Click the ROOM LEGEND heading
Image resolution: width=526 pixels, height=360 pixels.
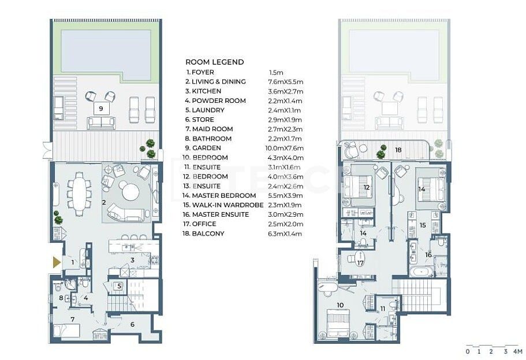pyautogui.click(x=214, y=62)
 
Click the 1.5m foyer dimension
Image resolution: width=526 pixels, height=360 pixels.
pyautogui.click(x=275, y=72)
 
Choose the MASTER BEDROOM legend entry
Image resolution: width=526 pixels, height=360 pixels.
pyautogui.click(x=221, y=195)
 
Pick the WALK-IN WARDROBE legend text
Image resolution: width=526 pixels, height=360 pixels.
pyautogui.click(x=224, y=205)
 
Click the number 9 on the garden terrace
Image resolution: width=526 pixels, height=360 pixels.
pyautogui.click(x=100, y=108)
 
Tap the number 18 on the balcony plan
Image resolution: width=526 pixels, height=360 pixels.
pyautogui.click(x=398, y=149)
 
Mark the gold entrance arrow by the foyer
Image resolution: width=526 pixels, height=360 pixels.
pyautogui.click(x=57, y=262)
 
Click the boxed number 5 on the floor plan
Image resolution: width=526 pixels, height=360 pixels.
pyautogui.click(x=118, y=285)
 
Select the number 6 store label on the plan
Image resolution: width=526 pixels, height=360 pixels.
pyautogui.click(x=132, y=324)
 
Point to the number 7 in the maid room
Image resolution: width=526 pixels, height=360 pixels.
pyautogui.click(x=73, y=318)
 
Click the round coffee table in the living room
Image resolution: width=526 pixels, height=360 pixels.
pyautogui.click(x=130, y=191)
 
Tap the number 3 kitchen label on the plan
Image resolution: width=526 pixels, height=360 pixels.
pyautogui.click(x=132, y=261)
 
